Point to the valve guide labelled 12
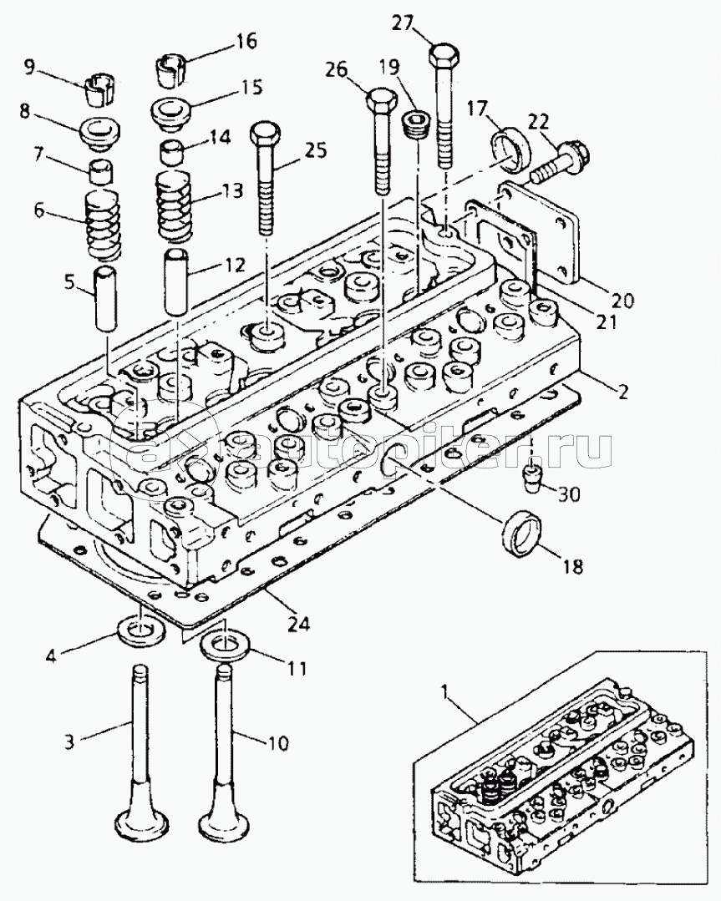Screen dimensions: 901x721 click(x=178, y=281)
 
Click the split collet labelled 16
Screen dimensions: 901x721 click(x=172, y=68)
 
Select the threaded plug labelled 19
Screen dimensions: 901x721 click(x=414, y=127)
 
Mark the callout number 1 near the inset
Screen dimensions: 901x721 click(x=446, y=691)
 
